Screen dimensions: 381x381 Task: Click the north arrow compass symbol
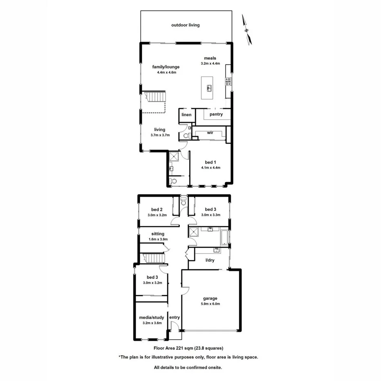247,29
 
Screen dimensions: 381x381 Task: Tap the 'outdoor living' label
185,25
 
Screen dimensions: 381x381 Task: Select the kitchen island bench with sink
209,87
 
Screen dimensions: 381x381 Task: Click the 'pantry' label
216,114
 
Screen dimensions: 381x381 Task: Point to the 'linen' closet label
186,115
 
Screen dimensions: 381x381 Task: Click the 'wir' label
210,133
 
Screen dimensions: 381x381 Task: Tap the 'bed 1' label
211,162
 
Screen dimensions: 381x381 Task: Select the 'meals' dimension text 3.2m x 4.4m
211,63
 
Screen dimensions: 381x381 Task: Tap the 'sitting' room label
157,234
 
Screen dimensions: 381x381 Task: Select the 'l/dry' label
210,260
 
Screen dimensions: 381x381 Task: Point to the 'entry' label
174,317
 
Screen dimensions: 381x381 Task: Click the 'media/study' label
151,317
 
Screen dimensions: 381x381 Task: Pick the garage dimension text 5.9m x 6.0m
211,304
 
